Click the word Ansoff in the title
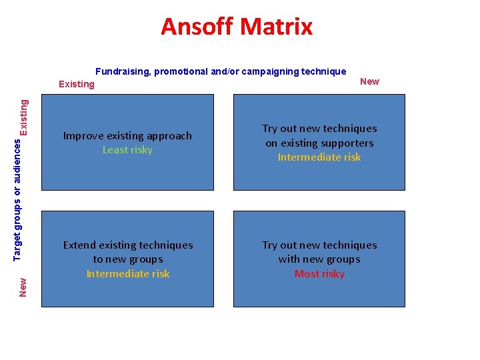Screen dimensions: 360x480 click(x=197, y=27)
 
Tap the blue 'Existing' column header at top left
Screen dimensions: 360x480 click(x=77, y=84)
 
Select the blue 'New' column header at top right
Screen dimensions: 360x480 click(x=369, y=81)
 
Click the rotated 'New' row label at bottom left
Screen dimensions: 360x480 click(x=23, y=287)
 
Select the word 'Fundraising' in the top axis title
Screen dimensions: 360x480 click(x=123, y=71)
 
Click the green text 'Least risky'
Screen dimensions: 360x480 click(x=127, y=150)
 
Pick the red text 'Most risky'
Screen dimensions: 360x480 click(x=319, y=274)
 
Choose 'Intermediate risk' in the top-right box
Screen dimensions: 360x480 click(x=319, y=157)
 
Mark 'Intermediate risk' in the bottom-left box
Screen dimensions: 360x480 click(x=127, y=274)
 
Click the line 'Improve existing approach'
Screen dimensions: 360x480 click(x=127, y=136)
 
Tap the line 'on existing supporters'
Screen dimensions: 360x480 click(x=319, y=143)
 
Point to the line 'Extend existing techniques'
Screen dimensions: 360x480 click(x=127, y=245)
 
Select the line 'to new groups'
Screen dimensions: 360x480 click(x=127, y=259)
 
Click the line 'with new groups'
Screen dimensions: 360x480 click(x=319, y=259)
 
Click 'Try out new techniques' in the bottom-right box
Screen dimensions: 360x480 click(x=319, y=245)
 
